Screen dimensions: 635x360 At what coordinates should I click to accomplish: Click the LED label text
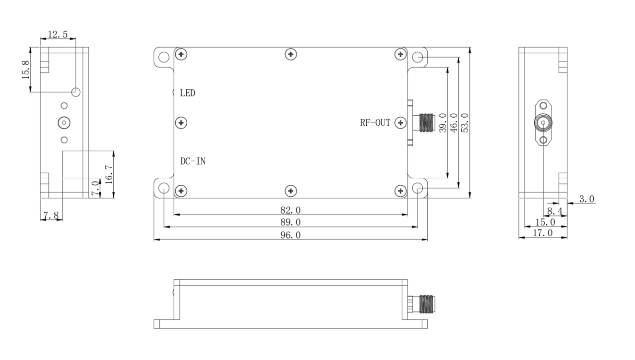coord(188,93)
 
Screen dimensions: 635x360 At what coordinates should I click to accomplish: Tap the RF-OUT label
coord(375,123)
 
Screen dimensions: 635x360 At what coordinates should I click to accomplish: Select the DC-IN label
coord(193,161)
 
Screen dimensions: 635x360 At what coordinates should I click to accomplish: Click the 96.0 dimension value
coord(290,235)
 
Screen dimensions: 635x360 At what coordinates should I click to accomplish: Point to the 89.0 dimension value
coord(290,222)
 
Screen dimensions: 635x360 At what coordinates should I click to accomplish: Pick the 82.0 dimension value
coord(290,210)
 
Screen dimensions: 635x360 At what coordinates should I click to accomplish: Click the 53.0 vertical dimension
coord(465,123)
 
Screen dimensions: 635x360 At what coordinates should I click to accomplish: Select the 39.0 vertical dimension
coord(443,123)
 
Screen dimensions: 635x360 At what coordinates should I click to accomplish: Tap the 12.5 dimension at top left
coord(58,34)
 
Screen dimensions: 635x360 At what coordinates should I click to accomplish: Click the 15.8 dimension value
coord(26,70)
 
